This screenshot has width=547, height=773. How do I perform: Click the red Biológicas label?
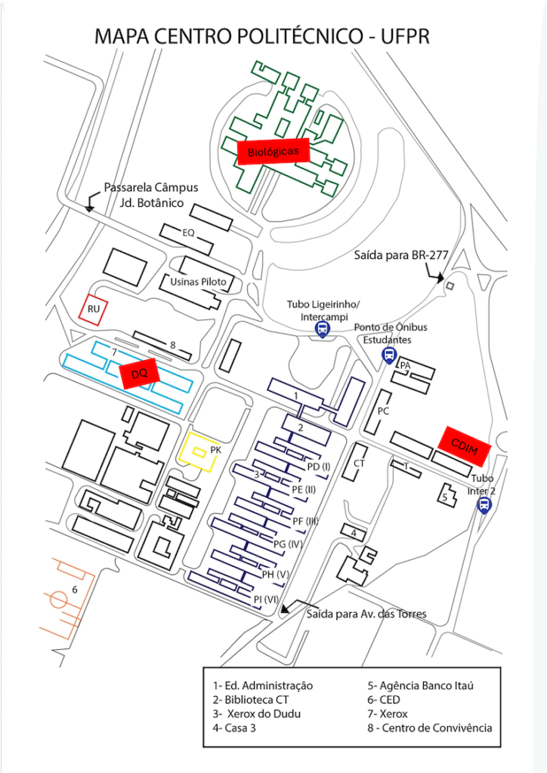(x=273, y=151)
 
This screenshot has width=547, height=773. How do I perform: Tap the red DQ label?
(x=138, y=373)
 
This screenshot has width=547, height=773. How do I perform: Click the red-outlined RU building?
(x=92, y=309)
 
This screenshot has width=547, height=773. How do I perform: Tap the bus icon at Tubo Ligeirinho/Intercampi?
(x=323, y=328)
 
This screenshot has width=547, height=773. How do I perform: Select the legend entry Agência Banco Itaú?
(x=420, y=685)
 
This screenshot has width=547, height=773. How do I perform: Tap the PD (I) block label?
(x=319, y=467)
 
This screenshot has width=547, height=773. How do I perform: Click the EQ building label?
(x=189, y=233)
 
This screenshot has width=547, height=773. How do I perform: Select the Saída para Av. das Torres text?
(x=366, y=614)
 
